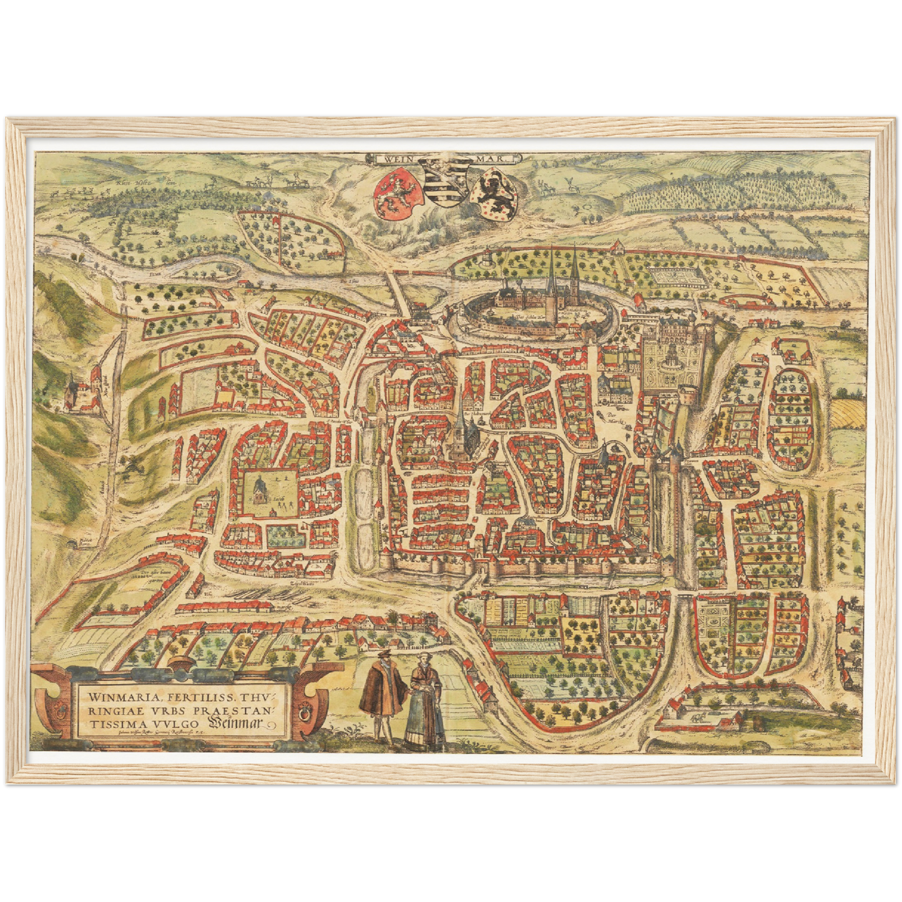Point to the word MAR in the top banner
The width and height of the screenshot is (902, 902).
(x=494, y=159)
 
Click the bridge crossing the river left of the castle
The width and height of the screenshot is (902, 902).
(x=400, y=289)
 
